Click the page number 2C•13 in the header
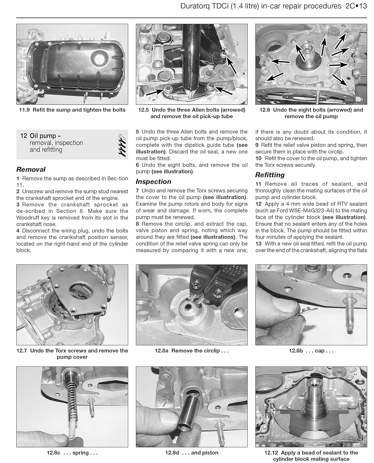pos(354,6)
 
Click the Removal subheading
pos(31,169)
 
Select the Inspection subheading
pos(153,181)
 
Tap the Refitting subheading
pos(270,175)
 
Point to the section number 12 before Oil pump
pos(23,136)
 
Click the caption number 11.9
pos(24,110)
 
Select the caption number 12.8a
pos(162,351)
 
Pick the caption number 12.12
pos(271,453)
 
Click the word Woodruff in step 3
pos(27,218)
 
